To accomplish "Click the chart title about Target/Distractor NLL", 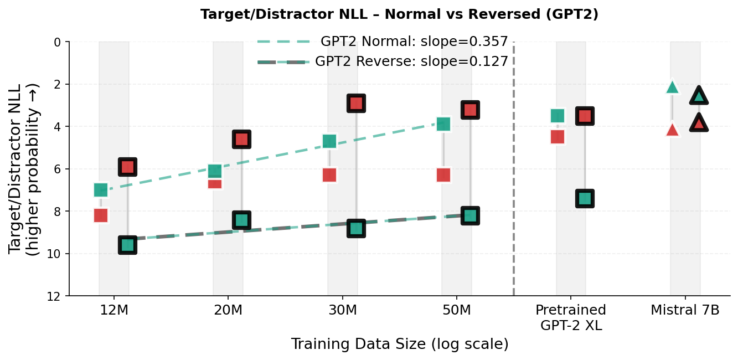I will (x=399, y=14).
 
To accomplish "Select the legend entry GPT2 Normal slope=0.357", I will (x=414, y=42).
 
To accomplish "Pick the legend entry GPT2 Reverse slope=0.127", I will (x=411, y=61).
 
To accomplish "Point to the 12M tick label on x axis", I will (x=114, y=310).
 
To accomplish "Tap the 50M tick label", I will (x=457, y=310).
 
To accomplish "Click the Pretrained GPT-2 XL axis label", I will (x=571, y=317).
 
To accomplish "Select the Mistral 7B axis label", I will (x=685, y=310).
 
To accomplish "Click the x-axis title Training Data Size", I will (x=399, y=344).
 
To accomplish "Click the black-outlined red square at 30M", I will (x=356, y=103).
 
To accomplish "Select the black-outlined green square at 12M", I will (x=128, y=245).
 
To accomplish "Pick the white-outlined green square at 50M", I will (x=443, y=124).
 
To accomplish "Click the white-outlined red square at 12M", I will (x=101, y=215).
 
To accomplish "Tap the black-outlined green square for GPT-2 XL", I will (x=585, y=198).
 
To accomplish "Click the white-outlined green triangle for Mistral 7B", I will (x=672, y=88).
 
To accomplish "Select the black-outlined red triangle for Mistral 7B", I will (x=699, y=124).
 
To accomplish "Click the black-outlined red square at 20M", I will (x=241, y=139).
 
